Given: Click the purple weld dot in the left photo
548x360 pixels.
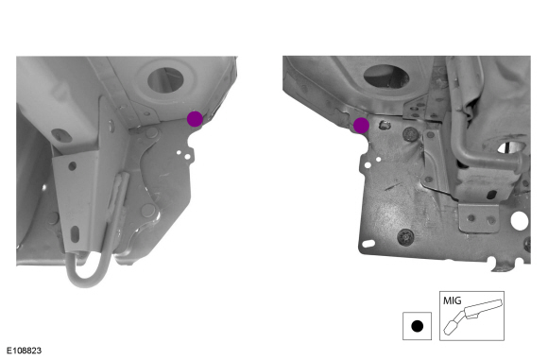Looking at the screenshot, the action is click(x=195, y=119).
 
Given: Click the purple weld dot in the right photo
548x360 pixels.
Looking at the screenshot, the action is click(x=361, y=126).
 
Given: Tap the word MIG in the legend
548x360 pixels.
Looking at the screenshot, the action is click(x=452, y=300).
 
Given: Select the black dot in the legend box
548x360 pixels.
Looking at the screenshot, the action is click(x=417, y=326).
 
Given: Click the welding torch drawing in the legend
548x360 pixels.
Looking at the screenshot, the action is click(x=473, y=316).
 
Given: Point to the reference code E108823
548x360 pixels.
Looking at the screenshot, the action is click(x=24, y=351).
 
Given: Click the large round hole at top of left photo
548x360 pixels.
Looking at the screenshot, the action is click(x=165, y=80).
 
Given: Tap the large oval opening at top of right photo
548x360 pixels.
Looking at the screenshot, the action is click(x=385, y=76).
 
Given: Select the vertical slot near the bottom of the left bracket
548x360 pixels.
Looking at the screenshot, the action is click(x=75, y=233).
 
